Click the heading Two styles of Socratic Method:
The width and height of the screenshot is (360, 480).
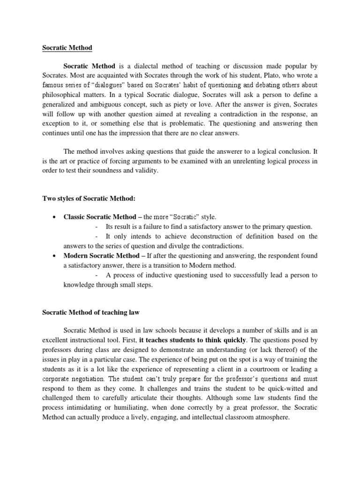(x=89, y=199)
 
